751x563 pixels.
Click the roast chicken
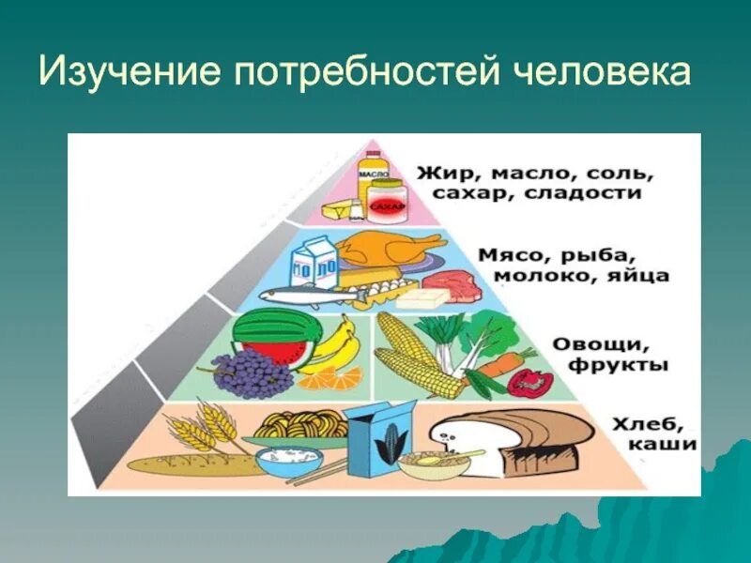coord(388,249)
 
